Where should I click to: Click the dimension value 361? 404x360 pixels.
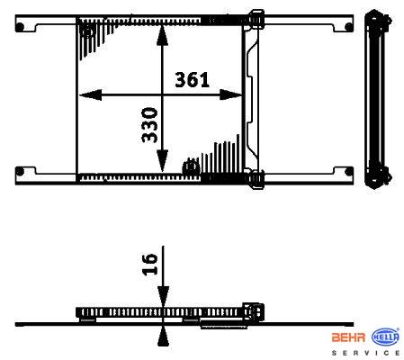coord(192,80)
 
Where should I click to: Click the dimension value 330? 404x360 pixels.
coord(149,125)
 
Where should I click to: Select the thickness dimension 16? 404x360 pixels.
coord(149,265)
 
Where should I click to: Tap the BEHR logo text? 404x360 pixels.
coord(348,337)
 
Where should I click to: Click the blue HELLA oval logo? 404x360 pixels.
coord(385,337)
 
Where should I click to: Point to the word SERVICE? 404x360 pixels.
coord(365,353)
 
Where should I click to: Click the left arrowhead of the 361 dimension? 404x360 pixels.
coord(90,95)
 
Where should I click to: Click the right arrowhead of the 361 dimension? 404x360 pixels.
coord(230,95)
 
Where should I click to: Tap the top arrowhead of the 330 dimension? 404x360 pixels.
coord(162,35)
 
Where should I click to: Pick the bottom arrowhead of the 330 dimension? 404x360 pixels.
coord(162,161)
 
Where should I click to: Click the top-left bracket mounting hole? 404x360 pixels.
coord(20,27)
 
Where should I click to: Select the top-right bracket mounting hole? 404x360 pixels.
coord(349,27)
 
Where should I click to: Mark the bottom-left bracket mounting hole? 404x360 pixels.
coord(20,172)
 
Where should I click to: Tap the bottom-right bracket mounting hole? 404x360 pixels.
coord(349,172)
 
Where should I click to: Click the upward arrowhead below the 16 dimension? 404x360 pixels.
coord(163,337)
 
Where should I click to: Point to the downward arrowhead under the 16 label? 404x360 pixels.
coord(163,296)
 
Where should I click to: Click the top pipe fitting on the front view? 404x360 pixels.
coord(256,19)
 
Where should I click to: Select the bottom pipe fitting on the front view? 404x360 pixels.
coord(256,179)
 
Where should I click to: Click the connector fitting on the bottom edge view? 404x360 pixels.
coord(254,311)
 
